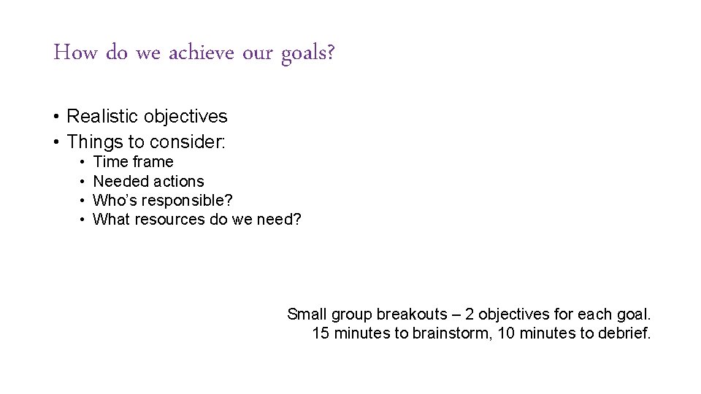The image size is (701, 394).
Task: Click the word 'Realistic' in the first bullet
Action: pyautogui.click(x=103, y=116)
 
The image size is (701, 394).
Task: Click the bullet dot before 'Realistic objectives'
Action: pyautogui.click(x=55, y=117)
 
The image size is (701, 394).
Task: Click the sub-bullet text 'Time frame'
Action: pyautogui.click(x=133, y=162)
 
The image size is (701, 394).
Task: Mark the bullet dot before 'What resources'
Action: pyautogui.click(x=84, y=220)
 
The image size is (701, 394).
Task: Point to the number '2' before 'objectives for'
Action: pyautogui.click(x=470, y=314)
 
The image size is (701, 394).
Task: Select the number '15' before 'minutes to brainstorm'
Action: pyautogui.click(x=321, y=333)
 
